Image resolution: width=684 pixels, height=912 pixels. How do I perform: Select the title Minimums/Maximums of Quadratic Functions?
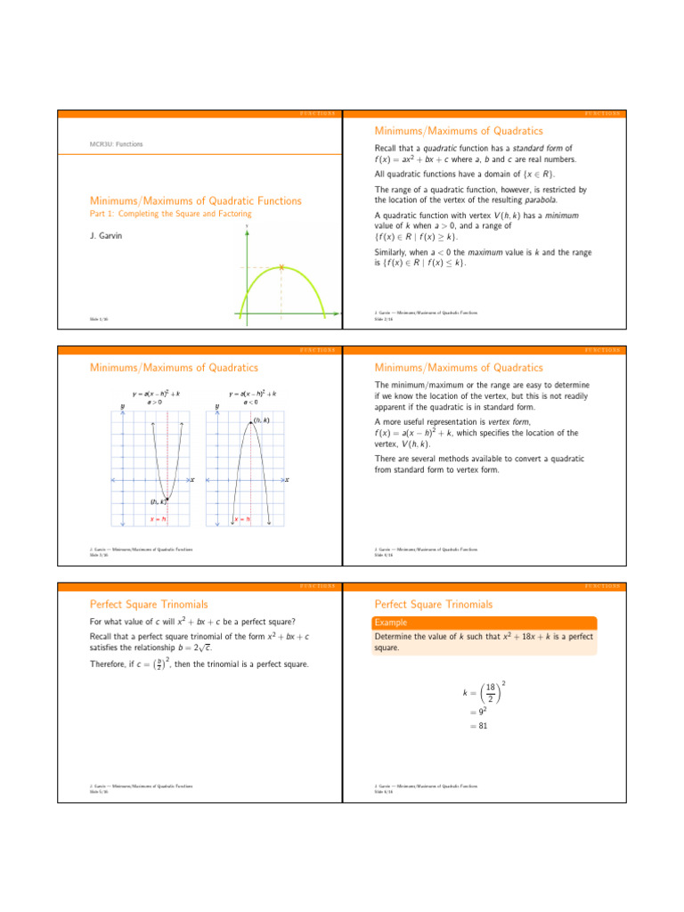coord(196,201)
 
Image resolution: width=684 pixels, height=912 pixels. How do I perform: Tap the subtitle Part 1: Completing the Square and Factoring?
coord(171,214)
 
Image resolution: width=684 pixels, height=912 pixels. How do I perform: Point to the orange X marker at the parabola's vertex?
coord(281,267)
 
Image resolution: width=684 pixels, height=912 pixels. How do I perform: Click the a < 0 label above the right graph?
coord(252,402)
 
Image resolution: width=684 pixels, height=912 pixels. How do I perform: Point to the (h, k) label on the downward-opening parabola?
coord(262,420)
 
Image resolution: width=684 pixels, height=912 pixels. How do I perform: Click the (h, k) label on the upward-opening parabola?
coord(158,502)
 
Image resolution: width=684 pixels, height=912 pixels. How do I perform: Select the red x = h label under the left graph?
coord(158,518)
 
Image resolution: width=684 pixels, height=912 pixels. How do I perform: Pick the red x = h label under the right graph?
coord(241,518)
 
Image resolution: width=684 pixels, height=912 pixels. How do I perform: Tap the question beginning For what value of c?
coord(193,621)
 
